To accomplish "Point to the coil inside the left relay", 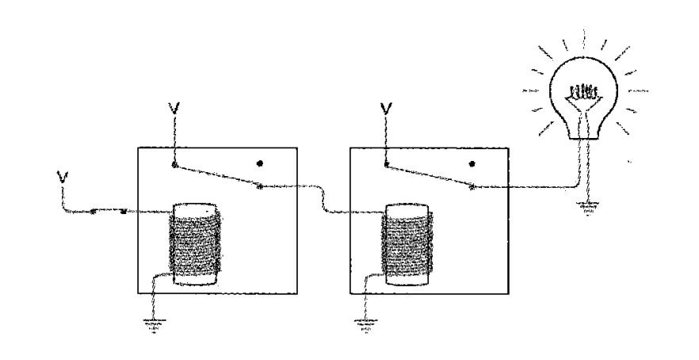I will coord(193,243).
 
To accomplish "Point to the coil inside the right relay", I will coord(406,243).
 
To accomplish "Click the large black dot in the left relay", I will coord(260,163).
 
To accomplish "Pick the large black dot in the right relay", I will coord(472,164).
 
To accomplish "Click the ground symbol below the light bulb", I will coord(587,209).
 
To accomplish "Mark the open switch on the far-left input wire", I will coord(108,211).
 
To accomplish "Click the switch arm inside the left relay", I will coord(217,176).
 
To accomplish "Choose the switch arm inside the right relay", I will coord(429,176).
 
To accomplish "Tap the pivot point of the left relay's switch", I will coord(174,166).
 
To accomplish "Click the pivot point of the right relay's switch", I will coord(386,166).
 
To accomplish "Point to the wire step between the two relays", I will coord(324,199).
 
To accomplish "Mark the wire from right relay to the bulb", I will coord(531,188).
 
